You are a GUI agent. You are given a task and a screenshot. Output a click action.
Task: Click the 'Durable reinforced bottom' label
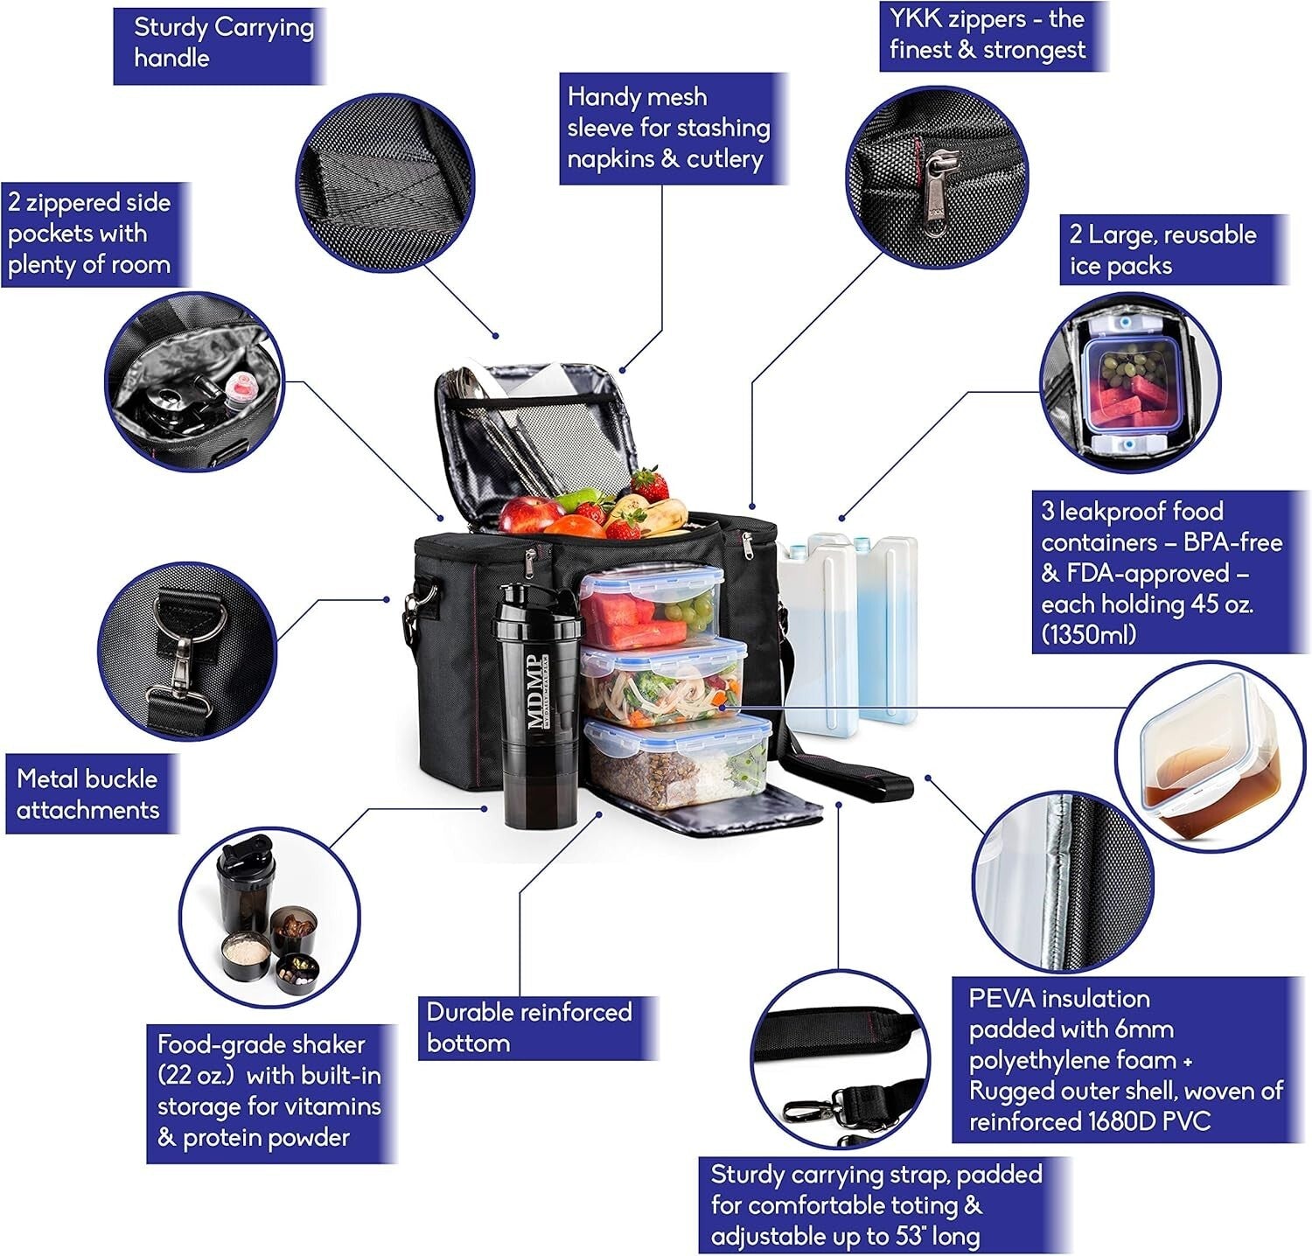[x=529, y=1028]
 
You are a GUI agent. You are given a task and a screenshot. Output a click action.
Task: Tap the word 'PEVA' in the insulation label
[x=1001, y=999]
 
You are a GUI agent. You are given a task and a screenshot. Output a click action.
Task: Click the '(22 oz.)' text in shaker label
[x=197, y=1075]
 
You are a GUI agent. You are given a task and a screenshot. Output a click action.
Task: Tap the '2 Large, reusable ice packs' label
[x=1163, y=249]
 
